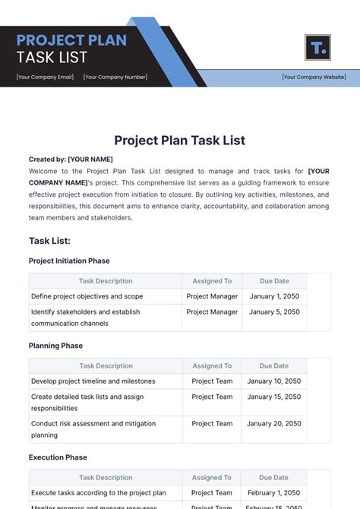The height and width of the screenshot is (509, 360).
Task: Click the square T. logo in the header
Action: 317,47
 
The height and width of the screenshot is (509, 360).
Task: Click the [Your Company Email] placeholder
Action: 45,77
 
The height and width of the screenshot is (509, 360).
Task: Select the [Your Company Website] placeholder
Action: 314,77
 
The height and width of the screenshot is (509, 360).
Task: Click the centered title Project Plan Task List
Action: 180,140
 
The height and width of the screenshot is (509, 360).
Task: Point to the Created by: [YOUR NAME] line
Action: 71,160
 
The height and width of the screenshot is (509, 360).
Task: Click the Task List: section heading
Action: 49,241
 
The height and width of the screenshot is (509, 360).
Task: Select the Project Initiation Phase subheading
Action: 69,261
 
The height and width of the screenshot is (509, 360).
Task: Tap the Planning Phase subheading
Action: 55,346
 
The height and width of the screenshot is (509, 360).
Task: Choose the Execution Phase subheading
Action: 58,457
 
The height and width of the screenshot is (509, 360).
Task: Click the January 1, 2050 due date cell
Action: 274,296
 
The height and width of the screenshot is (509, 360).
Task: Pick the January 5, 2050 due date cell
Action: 274,311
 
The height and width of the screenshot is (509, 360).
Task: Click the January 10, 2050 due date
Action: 274,381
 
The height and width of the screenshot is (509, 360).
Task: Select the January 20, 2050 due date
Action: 274,424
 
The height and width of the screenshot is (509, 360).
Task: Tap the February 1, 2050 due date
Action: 274,493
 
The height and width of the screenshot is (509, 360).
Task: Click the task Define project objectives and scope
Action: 87,296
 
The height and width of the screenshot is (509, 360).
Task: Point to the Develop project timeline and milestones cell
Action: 93,381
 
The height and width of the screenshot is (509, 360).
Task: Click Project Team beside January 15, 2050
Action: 212,397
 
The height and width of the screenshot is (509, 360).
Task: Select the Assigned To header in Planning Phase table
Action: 212,366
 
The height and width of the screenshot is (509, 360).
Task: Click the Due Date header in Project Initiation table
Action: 274,281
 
